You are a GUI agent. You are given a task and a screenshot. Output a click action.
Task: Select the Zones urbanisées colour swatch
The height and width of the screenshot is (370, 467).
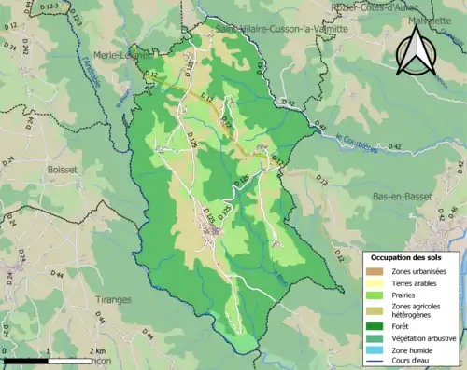coord(375,271)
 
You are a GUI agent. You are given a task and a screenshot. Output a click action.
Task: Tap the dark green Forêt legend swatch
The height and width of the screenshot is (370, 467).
coord(375,327)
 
